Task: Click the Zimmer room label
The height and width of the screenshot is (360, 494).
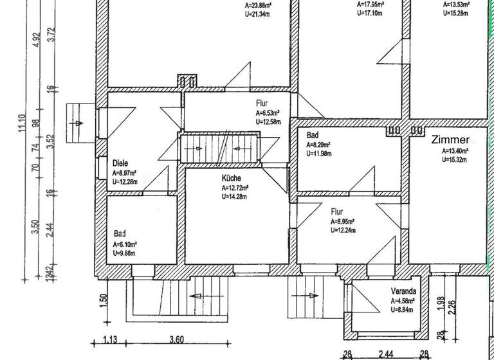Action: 451,140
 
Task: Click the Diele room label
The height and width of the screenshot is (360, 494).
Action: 120,163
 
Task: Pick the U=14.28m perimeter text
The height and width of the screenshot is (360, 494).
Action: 236,195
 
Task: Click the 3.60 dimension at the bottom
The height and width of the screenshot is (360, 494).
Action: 176,341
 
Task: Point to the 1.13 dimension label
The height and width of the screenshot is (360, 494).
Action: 111,341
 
